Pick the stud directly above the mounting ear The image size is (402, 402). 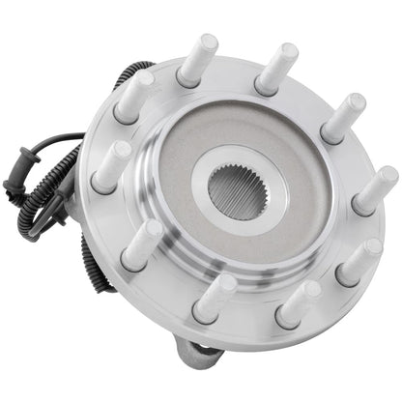pos(215,296)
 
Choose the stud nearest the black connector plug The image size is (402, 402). pos(115,165)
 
